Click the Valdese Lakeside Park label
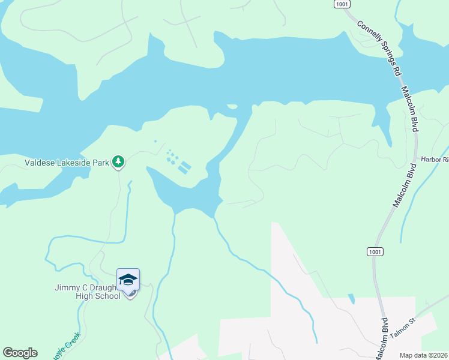click(x=68, y=162)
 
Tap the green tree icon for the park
click(x=119, y=161)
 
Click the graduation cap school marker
click(x=128, y=280)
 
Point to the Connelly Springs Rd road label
click(x=379, y=48)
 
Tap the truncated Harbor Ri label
click(x=435, y=160)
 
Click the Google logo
click(x=20, y=353)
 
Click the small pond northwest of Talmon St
click(x=351, y=298)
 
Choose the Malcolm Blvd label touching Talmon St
click(x=382, y=339)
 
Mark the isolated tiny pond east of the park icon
click(x=155, y=142)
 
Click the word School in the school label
click(x=106, y=296)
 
